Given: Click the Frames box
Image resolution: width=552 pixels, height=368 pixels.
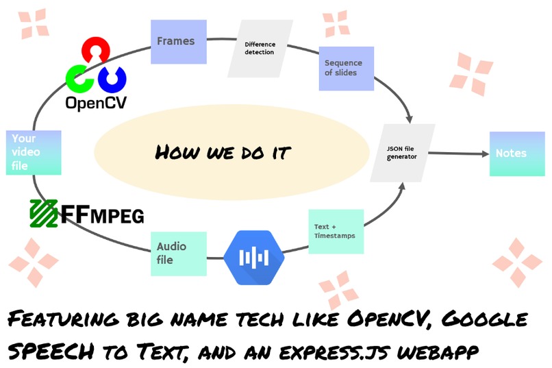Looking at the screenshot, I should [x=176, y=42].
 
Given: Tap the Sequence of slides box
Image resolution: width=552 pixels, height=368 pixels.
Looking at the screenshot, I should [x=346, y=69].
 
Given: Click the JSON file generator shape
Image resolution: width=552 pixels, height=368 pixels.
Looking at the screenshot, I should [x=402, y=152].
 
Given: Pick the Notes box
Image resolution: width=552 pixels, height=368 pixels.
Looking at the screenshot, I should [x=512, y=153].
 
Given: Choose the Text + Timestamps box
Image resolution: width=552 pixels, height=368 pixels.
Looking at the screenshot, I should [x=336, y=231].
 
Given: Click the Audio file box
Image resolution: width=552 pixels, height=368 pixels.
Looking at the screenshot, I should [x=178, y=254].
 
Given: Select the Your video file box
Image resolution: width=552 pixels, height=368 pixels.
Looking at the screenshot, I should [x=34, y=152].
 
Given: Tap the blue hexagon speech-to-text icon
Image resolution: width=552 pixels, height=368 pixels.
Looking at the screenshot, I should [x=255, y=257].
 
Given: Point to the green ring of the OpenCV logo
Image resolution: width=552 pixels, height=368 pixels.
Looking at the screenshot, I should [x=79, y=78].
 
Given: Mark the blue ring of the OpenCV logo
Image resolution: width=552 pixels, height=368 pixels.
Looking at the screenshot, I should [x=112, y=78].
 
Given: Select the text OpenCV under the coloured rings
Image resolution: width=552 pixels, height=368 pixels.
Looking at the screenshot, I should [x=96, y=103].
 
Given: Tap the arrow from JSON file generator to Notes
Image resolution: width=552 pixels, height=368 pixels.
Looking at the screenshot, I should [x=460, y=153].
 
